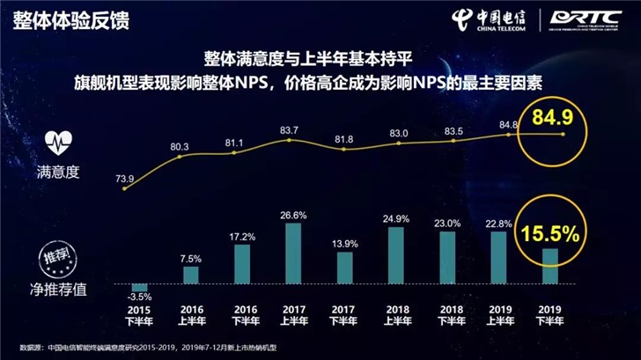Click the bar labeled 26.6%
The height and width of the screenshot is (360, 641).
point(293,253)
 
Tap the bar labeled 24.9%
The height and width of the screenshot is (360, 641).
point(396,255)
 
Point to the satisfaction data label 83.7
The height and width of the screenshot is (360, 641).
point(290,131)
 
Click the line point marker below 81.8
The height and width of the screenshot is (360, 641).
point(344,153)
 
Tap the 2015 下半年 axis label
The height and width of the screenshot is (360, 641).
point(137,316)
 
